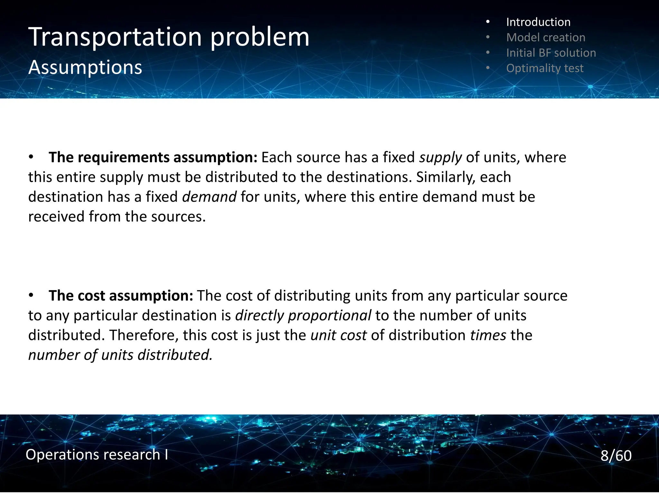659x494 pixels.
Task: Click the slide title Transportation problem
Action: [x=169, y=37]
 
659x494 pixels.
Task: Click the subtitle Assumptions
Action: [x=85, y=68]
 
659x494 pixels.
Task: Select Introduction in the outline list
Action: [x=538, y=22]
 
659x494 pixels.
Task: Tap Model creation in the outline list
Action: [x=545, y=38]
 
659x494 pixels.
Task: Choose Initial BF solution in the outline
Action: [x=551, y=53]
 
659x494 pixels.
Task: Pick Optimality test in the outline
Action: [x=544, y=68]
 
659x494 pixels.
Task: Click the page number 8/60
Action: [x=616, y=456]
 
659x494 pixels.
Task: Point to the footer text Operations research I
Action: [x=97, y=455]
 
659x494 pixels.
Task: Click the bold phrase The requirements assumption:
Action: [x=153, y=158]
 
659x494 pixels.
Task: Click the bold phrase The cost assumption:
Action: [x=121, y=296]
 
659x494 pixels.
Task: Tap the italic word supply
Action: [x=441, y=158]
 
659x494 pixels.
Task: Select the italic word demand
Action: [x=209, y=197]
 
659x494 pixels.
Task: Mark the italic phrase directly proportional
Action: [x=303, y=316]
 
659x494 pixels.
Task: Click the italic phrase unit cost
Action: [x=339, y=335]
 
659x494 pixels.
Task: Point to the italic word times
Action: [x=488, y=335]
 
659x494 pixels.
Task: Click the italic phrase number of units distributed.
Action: [x=120, y=355]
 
